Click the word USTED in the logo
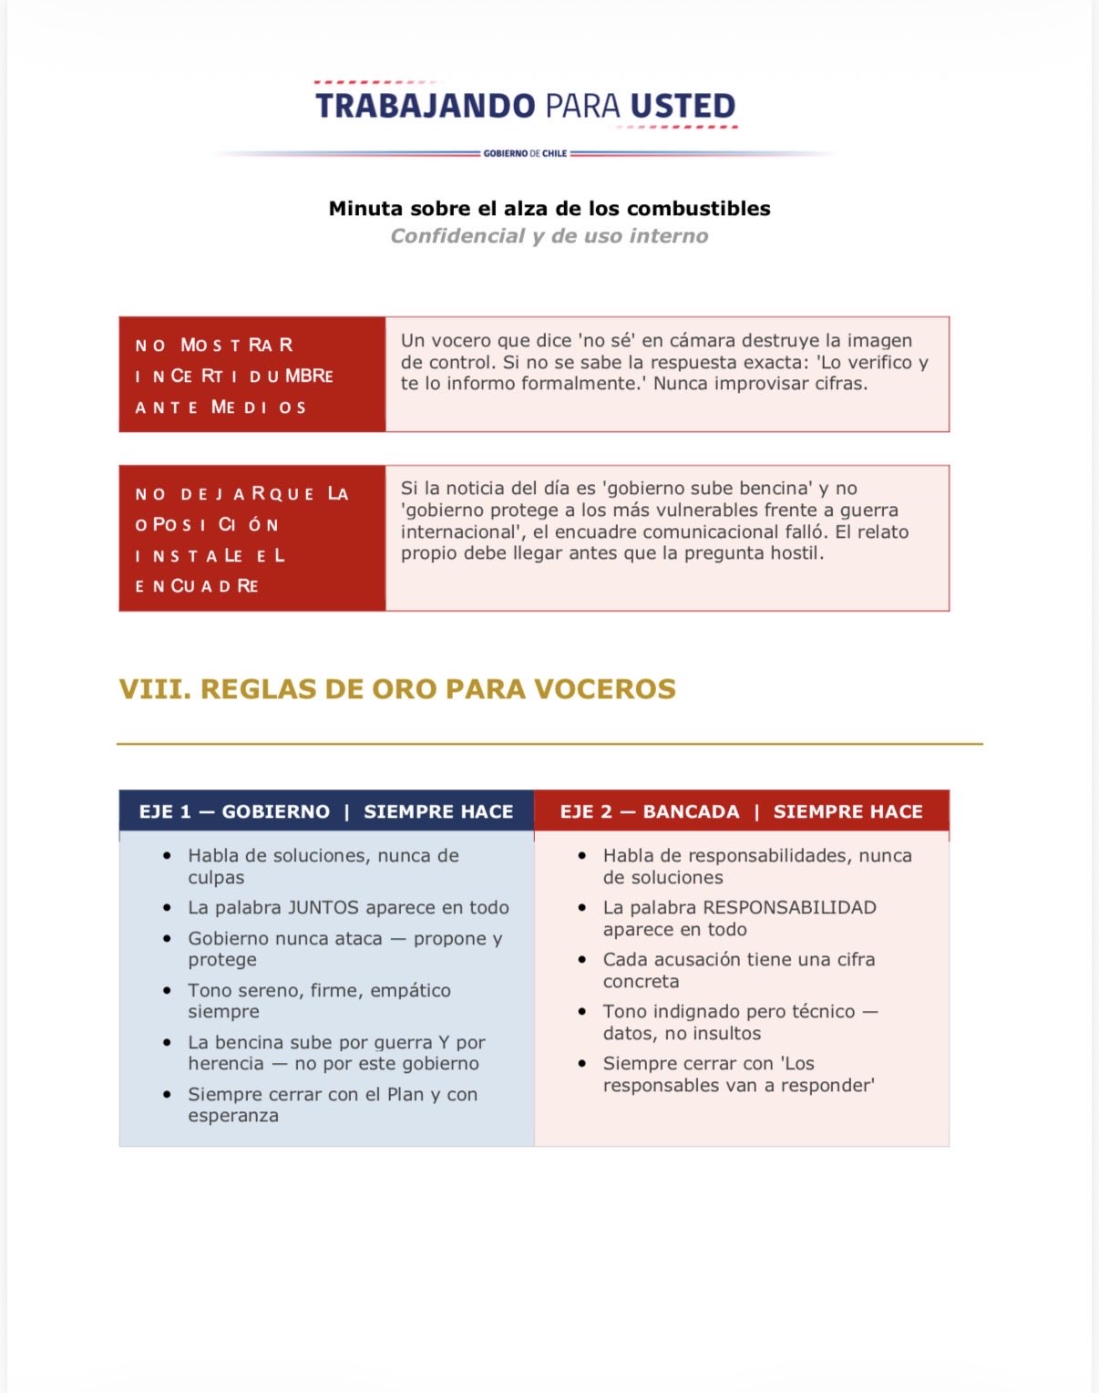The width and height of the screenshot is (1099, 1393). pyautogui.click(x=683, y=106)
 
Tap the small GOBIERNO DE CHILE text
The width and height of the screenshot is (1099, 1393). pyautogui.click(x=525, y=154)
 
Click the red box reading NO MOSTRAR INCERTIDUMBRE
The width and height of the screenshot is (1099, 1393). pyautogui.click(x=252, y=375)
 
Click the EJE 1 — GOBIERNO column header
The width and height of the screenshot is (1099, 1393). pyautogui.click(x=234, y=811)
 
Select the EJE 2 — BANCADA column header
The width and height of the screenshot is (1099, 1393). pyautogui.click(x=650, y=811)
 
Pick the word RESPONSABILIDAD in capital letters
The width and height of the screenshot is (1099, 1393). pyautogui.click(x=789, y=908)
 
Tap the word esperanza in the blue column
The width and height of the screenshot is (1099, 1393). pyautogui.click(x=233, y=1116)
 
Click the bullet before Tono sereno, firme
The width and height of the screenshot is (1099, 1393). pyautogui.click(x=167, y=991)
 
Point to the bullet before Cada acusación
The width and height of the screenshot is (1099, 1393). pyautogui.click(x=582, y=960)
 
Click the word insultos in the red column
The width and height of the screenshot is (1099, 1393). pyautogui.click(x=725, y=1034)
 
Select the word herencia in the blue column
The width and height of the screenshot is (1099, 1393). pyautogui.click(x=226, y=1064)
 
